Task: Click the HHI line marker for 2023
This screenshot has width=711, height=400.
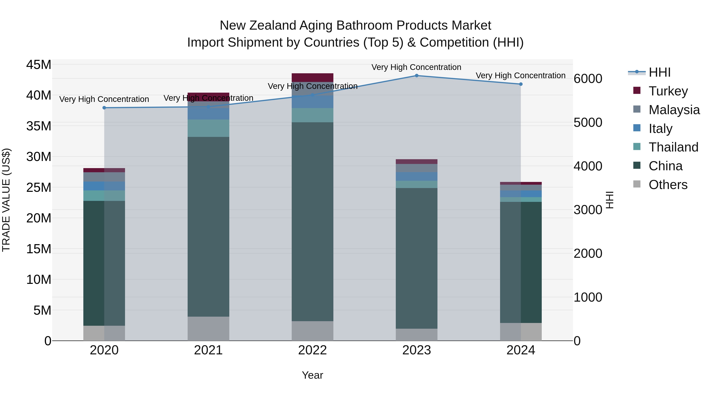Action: [x=417, y=76]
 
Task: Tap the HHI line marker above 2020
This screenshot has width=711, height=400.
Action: [x=104, y=108]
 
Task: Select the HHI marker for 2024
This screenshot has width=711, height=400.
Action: [x=521, y=84]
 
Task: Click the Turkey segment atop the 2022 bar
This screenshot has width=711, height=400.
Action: [x=312, y=77]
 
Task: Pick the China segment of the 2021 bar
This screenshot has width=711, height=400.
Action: [x=208, y=226]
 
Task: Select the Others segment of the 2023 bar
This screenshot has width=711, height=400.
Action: [x=417, y=335]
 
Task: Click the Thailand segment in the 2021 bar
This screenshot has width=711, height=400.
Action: [x=208, y=128]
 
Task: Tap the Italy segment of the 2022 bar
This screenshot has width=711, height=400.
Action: [x=312, y=102]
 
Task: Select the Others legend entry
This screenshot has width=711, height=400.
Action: [x=668, y=185]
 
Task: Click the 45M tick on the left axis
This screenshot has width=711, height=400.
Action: [x=39, y=65]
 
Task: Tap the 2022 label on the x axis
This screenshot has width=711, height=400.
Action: [x=312, y=350]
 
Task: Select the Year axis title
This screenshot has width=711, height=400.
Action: [x=312, y=375]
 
